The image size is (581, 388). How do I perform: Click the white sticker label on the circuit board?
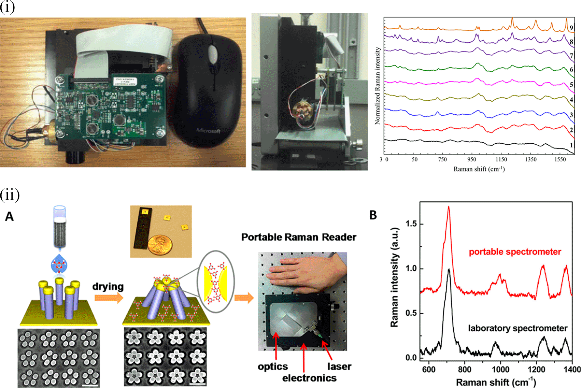125,82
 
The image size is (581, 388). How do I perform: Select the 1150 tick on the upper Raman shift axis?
501,159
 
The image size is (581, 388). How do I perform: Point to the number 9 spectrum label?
571,28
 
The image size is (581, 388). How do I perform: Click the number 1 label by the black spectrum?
571,145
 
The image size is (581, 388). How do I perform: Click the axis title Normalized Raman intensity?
378,86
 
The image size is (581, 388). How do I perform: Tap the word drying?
108,286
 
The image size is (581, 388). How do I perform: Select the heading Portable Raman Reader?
299,237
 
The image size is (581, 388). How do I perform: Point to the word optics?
273,367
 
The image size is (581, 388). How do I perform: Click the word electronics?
309,378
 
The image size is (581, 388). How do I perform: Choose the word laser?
339,367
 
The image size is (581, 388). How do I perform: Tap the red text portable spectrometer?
515,252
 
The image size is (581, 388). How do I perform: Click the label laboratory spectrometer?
518,328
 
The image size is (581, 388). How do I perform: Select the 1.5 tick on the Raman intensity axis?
411,224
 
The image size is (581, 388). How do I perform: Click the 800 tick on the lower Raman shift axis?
465,370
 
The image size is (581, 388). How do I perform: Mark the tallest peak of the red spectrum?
449,207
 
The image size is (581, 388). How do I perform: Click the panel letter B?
373,215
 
